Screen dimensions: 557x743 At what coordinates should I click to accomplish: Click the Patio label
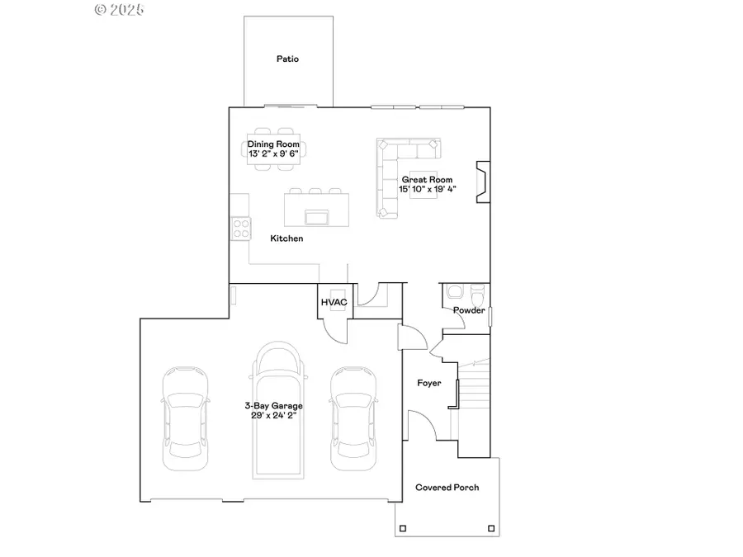pyautogui.click(x=287, y=59)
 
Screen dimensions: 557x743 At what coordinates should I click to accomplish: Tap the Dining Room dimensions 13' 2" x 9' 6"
pyautogui.click(x=274, y=153)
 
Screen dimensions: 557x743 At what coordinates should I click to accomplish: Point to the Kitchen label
pyautogui.click(x=286, y=238)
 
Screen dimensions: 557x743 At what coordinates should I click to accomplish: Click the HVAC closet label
pyautogui.click(x=334, y=303)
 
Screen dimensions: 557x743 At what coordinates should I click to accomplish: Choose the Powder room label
pyautogui.click(x=468, y=310)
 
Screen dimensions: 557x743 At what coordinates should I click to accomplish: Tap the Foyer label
pyautogui.click(x=428, y=383)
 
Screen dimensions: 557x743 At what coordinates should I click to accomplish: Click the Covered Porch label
pyautogui.click(x=447, y=488)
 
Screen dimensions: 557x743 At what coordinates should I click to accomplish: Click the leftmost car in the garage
pyautogui.click(x=185, y=418)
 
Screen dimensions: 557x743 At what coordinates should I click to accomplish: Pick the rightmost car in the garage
pyautogui.click(x=353, y=418)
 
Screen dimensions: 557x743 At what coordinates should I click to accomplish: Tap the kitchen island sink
pyautogui.click(x=315, y=217)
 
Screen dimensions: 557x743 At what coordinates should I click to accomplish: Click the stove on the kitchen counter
pyautogui.click(x=240, y=227)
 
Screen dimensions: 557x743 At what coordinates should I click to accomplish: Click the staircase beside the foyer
pyautogui.click(x=475, y=388)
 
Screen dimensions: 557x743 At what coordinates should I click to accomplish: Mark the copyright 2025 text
pyautogui.click(x=120, y=10)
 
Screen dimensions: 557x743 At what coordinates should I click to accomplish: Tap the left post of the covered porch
pyautogui.click(x=405, y=528)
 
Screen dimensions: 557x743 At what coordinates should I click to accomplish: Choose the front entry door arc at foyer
pyautogui.click(x=423, y=427)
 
